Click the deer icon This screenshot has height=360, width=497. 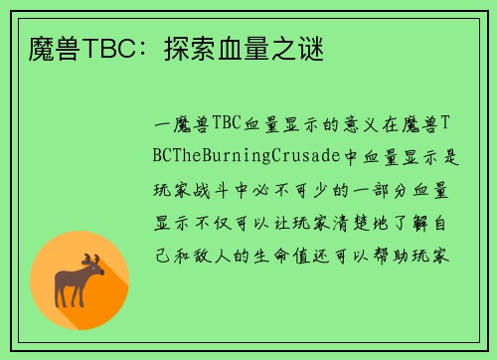(x=81, y=280)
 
